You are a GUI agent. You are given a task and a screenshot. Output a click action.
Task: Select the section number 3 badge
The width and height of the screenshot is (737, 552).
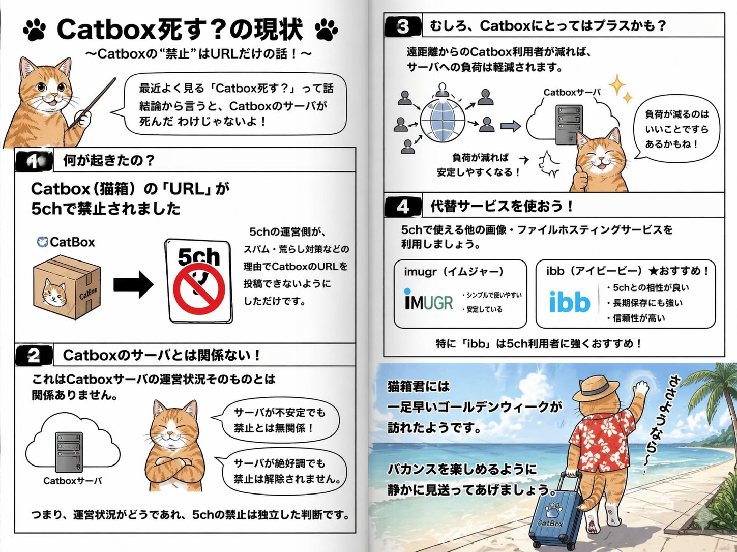[x=403, y=26]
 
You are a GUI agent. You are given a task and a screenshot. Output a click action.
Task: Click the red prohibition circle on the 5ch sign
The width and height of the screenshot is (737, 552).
[x=199, y=289]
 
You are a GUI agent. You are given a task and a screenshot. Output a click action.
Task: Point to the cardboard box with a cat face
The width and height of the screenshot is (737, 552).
[x=67, y=287]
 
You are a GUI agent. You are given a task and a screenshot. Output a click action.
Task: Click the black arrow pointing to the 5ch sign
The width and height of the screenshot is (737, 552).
[x=133, y=285]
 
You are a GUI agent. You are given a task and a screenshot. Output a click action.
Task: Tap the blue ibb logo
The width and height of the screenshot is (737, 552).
[x=570, y=301]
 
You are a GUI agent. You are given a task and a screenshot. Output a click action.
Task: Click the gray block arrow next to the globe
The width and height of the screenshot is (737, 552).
[x=510, y=126]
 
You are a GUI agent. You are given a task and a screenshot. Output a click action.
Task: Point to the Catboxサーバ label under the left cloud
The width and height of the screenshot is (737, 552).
[x=72, y=481]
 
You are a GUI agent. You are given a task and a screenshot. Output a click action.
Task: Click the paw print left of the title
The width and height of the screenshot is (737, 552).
[x=35, y=30]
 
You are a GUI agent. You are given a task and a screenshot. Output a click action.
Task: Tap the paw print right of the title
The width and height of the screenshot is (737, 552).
[x=327, y=30]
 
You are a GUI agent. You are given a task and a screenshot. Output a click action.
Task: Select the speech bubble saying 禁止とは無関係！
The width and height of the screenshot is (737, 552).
[x=280, y=420]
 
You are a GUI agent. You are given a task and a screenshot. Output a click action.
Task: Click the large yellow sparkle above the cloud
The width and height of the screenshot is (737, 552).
[x=617, y=85]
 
